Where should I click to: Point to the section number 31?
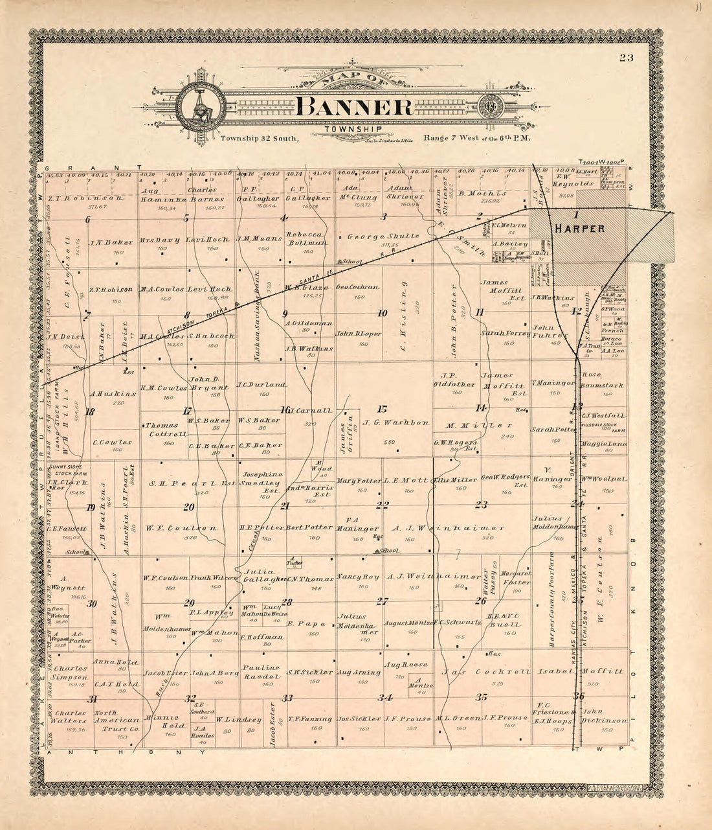(x=93, y=698)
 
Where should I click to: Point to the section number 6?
(x=87, y=219)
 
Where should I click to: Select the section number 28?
(x=287, y=602)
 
